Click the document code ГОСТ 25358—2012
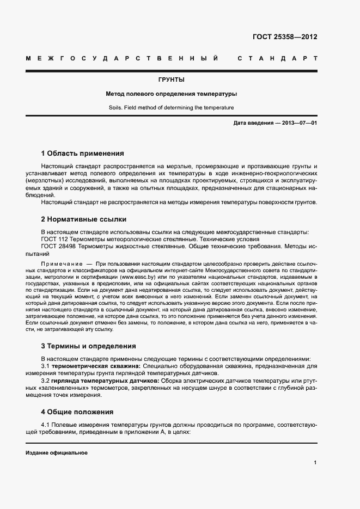click(285, 38)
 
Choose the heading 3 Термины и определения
click(88, 346)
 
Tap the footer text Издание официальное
click(57, 453)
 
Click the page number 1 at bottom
click(315, 463)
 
